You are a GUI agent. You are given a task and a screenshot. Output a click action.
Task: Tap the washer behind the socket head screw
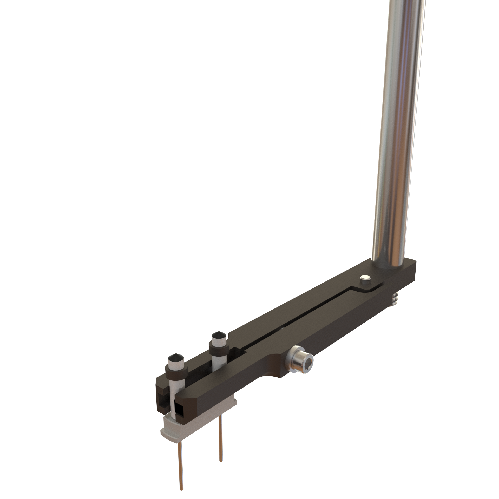[x=291, y=361]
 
